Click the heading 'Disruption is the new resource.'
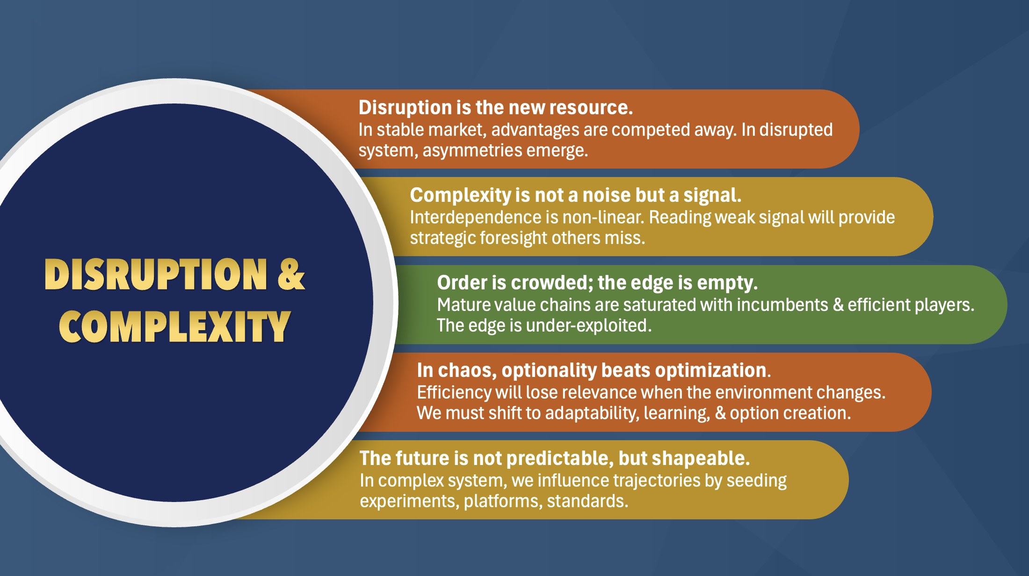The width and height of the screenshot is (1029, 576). (496, 108)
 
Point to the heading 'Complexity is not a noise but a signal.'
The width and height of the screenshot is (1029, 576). (576, 195)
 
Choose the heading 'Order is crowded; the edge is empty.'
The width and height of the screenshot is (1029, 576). (597, 283)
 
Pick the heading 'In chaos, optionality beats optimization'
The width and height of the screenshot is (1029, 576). (592, 370)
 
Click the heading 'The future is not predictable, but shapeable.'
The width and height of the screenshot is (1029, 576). (555, 458)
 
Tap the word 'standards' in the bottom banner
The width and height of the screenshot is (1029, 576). (587, 502)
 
